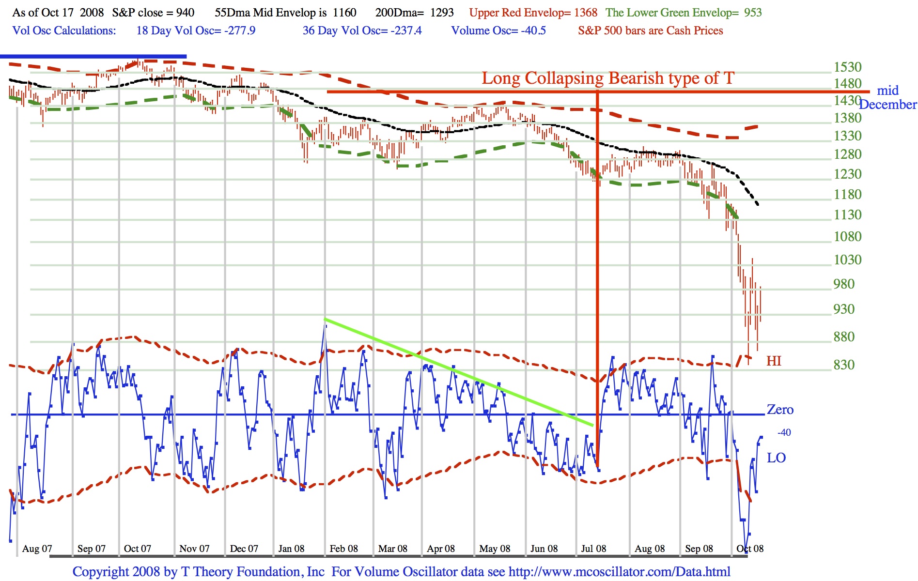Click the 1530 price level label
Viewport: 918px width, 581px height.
click(847, 67)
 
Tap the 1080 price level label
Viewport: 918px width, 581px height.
click(847, 236)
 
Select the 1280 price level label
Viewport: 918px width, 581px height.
click(847, 154)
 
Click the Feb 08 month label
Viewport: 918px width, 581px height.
click(343, 549)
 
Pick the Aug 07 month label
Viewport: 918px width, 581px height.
click(37, 549)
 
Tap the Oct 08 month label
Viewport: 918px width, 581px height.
click(749, 549)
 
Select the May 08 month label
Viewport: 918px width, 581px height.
click(495, 549)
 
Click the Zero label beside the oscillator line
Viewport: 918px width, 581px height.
click(780, 410)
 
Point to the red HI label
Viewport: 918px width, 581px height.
click(774, 361)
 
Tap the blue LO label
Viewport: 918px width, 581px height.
click(776, 458)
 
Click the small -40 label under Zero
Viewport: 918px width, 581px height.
click(784, 432)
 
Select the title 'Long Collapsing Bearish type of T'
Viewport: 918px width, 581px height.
click(607, 78)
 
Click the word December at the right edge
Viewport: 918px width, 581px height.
click(887, 105)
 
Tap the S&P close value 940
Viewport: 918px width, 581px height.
click(185, 13)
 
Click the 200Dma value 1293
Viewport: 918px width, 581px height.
click(442, 13)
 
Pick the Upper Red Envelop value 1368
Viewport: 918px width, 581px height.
click(586, 13)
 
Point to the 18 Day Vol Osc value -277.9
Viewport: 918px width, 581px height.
click(239, 31)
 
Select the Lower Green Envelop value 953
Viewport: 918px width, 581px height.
click(753, 13)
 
